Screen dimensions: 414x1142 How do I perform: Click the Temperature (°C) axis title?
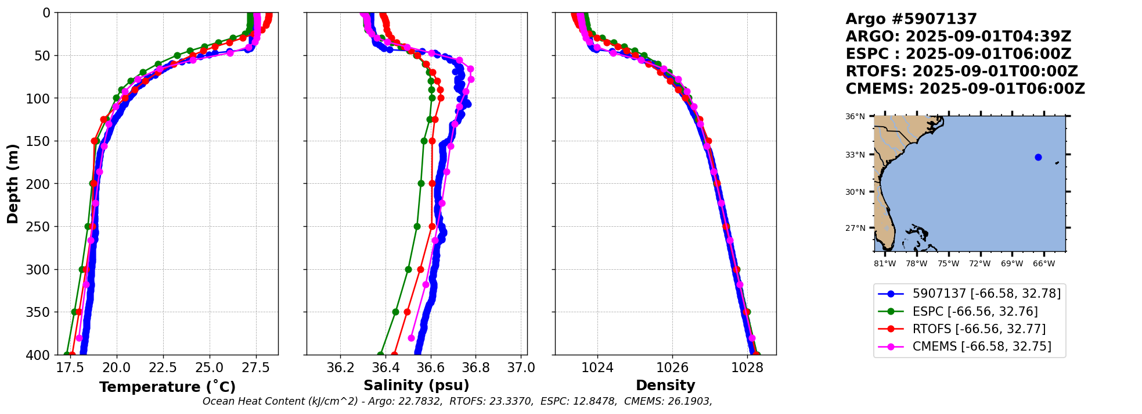click(x=167, y=387)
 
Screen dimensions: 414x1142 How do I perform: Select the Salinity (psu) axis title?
click(x=416, y=386)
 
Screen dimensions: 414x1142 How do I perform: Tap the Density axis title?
click(x=665, y=386)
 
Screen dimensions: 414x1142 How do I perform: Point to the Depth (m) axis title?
click(x=13, y=184)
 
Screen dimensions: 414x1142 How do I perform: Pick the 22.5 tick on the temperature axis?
click(x=163, y=367)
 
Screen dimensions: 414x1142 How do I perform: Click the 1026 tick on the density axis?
click(x=672, y=367)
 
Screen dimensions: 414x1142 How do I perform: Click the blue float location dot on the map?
click(x=1038, y=157)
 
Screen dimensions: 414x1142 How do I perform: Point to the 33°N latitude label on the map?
click(x=855, y=155)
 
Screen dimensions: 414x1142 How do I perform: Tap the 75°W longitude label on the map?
click(x=948, y=264)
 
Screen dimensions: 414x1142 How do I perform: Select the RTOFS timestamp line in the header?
click(x=961, y=72)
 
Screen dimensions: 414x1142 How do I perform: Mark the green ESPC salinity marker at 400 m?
click(x=381, y=355)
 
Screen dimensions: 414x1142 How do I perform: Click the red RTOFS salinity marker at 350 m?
click(x=407, y=312)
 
